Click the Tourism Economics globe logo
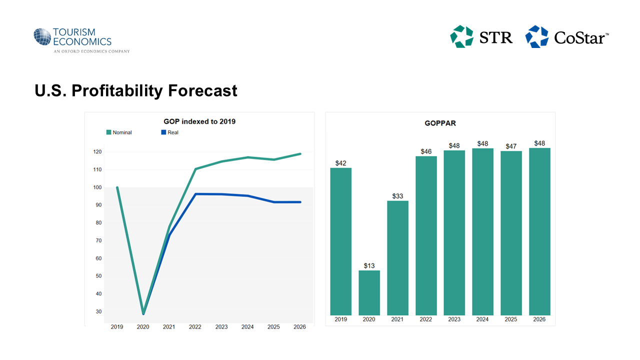42,37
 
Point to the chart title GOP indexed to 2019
199,121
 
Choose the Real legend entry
169,132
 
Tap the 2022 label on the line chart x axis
195,327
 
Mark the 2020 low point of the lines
143,313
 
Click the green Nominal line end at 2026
300,154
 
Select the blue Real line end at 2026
300,202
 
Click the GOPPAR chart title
440,123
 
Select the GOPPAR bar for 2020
369,292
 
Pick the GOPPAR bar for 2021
397,257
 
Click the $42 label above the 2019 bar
340,163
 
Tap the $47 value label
511,146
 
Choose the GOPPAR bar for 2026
539,231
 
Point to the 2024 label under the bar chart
482,319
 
